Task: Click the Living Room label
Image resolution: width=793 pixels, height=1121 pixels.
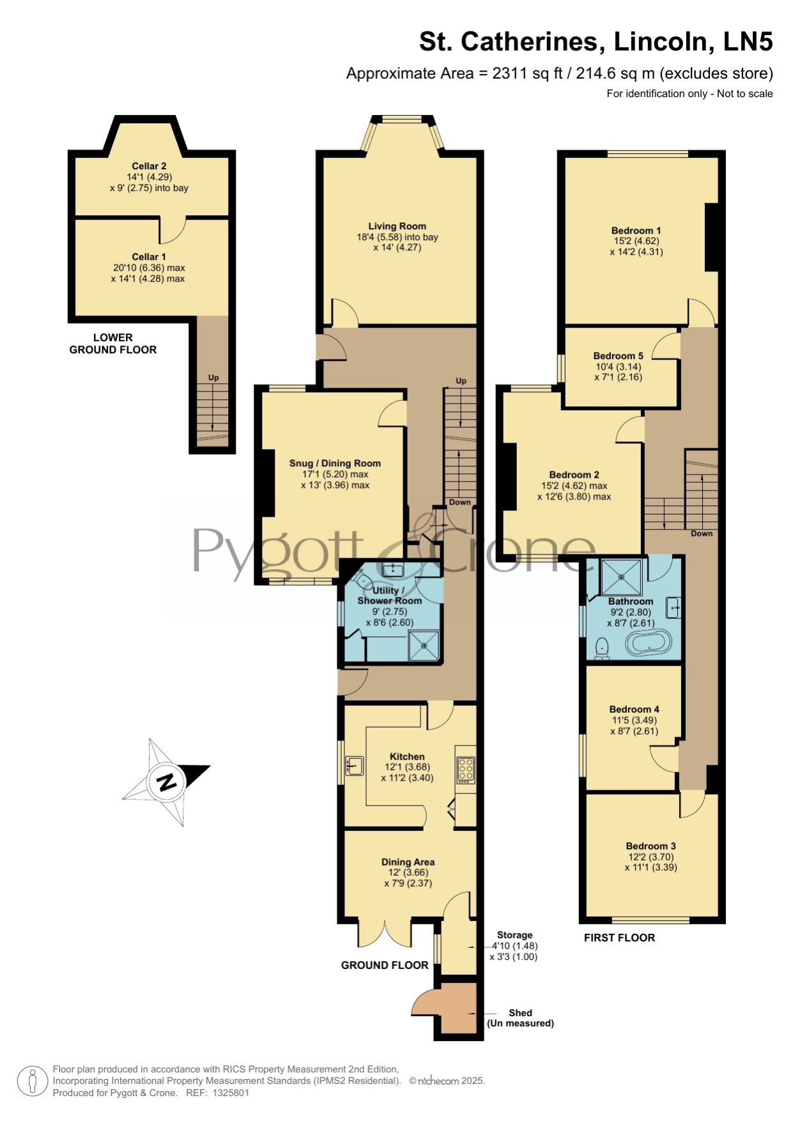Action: [x=397, y=226]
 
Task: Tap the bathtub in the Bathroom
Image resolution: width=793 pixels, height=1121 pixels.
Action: [x=649, y=644]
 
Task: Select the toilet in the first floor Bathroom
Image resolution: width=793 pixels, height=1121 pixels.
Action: [x=601, y=648]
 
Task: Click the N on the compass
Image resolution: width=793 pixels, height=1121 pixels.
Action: [x=167, y=781]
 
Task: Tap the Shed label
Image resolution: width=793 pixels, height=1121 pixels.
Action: [x=520, y=1012]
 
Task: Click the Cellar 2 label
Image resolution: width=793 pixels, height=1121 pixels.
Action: [x=149, y=166]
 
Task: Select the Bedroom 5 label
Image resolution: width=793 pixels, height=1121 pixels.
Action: [x=618, y=356]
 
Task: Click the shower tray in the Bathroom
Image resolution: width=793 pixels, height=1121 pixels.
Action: [x=621, y=577]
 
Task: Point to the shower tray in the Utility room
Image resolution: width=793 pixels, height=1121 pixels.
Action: [x=424, y=646]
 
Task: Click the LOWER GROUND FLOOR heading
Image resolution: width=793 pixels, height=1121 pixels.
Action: [x=113, y=344]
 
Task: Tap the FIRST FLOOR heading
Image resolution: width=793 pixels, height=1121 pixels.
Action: [x=619, y=938]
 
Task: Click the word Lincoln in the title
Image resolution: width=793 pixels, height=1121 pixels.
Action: [x=664, y=42]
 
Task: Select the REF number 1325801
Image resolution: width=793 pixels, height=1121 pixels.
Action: [x=231, y=1093]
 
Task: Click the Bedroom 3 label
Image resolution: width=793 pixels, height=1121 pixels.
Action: [x=651, y=846]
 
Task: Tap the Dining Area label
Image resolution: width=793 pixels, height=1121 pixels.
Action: [x=408, y=862]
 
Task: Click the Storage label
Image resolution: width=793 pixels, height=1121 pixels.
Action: [x=514, y=935]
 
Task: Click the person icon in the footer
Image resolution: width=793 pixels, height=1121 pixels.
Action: [x=32, y=1081]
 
